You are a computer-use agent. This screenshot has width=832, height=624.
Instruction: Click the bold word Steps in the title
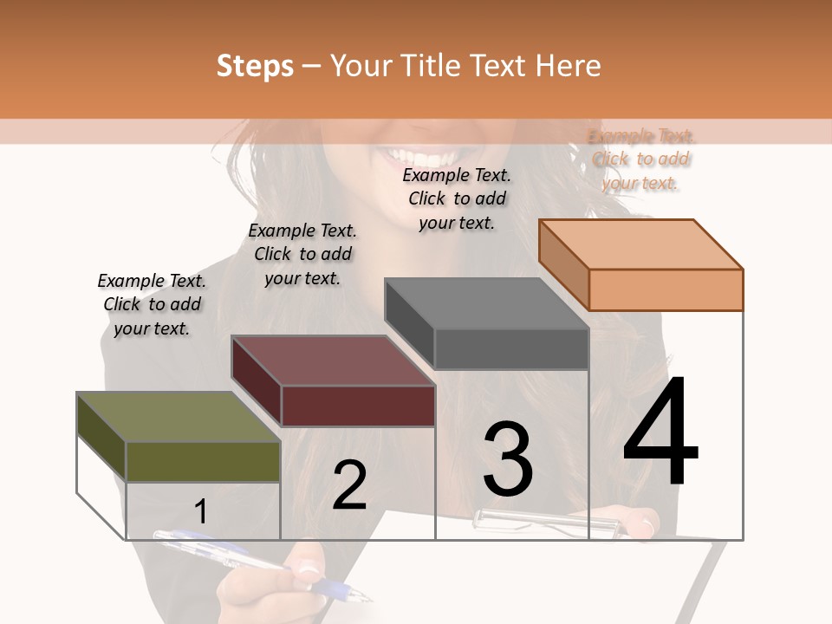[x=255, y=66]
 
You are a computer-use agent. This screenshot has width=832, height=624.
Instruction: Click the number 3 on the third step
[x=508, y=459]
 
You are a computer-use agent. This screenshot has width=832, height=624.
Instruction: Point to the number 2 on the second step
[x=350, y=485]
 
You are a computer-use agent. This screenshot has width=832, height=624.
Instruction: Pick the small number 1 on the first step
[x=201, y=512]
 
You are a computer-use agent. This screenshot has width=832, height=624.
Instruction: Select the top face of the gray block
[x=486, y=303]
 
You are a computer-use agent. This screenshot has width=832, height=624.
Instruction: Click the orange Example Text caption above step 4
[x=641, y=159]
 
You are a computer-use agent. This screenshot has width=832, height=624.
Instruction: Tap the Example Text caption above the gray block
[x=457, y=198]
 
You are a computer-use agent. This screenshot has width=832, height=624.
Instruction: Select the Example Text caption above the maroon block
[x=302, y=254]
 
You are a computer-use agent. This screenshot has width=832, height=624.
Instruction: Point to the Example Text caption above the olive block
[x=152, y=304]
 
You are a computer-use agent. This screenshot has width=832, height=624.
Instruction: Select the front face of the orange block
[x=666, y=289]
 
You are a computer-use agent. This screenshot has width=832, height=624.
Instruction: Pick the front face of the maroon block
[x=358, y=406]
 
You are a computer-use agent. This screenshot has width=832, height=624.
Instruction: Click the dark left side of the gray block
[x=409, y=322]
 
